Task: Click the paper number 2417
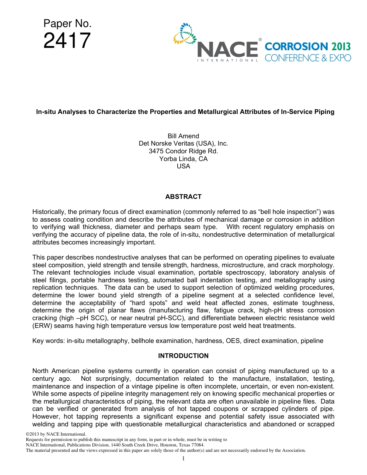pos(67,41)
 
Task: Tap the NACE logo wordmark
pos(228,49)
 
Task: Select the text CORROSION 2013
pos(308,47)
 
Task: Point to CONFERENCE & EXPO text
pos(308,58)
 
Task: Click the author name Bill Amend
pos(183,136)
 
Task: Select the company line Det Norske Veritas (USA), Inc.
pos(183,144)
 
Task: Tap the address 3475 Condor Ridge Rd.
pos(183,151)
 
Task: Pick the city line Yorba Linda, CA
pos(183,159)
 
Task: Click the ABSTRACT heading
pos(183,197)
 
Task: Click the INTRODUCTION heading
pos(183,356)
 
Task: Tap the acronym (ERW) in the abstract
pos(41,326)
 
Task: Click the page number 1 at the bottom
pos(183,458)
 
